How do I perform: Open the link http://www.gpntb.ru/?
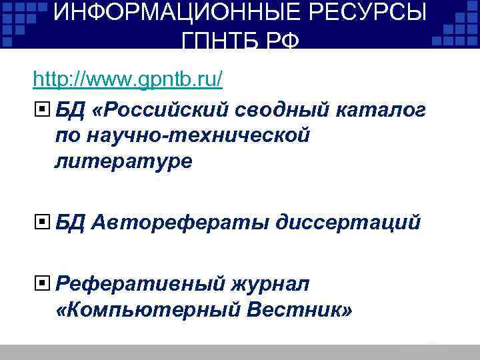coord(127,79)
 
